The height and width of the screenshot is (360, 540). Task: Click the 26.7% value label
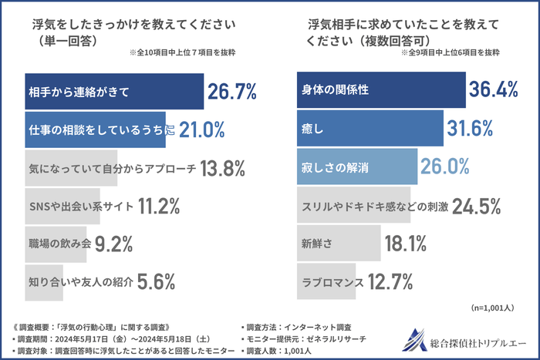click(231, 93)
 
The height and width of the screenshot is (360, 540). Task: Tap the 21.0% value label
click(202, 130)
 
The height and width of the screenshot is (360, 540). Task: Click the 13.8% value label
click(223, 167)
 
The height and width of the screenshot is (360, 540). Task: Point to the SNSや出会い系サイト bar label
click(80, 205)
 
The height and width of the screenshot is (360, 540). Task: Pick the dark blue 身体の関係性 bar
click(381, 90)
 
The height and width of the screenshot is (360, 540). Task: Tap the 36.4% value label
click(493, 90)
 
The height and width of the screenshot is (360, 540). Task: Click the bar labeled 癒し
click(370, 127)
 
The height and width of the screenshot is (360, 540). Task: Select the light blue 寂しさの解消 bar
click(357, 165)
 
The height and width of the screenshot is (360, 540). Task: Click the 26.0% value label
click(444, 165)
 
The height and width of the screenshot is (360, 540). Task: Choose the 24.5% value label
click(478, 206)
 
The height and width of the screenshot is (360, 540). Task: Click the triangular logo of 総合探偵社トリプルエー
click(417, 339)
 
